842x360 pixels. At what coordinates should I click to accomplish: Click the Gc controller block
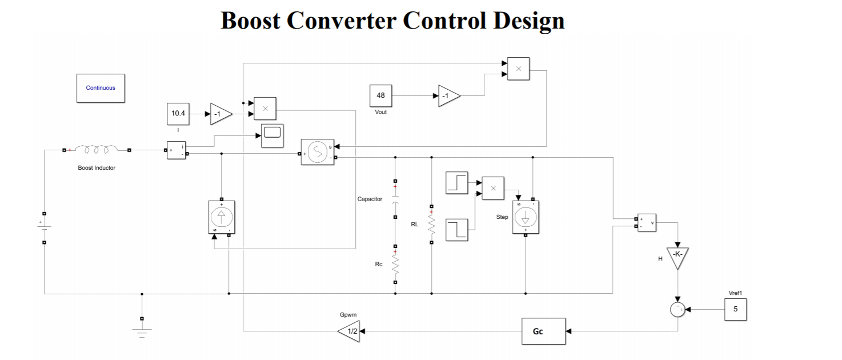click(543, 331)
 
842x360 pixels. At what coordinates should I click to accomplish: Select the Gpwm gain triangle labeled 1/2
click(348, 331)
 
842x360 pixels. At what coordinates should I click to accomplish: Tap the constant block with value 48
click(380, 95)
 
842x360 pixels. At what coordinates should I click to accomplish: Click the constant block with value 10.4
click(178, 114)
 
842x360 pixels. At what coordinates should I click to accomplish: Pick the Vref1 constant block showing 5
click(735, 309)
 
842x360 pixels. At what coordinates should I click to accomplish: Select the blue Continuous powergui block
click(101, 88)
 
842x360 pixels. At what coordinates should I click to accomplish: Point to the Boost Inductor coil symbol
click(97, 150)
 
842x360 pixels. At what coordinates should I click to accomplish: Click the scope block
click(272, 135)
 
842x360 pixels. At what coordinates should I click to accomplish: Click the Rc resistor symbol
click(395, 265)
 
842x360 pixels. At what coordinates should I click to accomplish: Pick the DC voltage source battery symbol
click(45, 227)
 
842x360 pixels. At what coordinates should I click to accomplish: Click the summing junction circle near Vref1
click(677, 309)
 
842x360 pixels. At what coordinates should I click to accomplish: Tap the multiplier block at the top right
click(518, 69)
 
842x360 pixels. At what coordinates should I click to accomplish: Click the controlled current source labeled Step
click(525, 217)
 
